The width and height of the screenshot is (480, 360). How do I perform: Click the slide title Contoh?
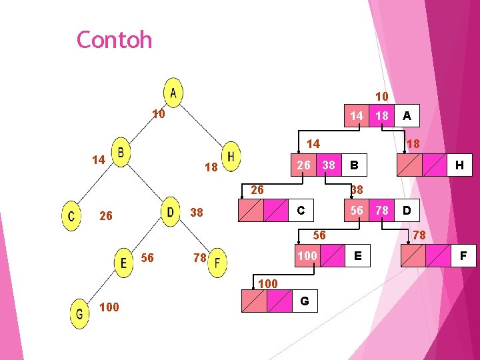(114, 40)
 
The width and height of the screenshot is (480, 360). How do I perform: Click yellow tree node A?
(173, 92)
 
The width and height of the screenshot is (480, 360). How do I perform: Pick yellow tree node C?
(71, 217)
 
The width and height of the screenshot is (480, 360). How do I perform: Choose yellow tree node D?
(171, 212)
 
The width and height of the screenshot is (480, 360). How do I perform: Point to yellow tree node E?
(123, 261)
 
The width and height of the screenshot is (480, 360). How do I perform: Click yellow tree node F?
(217, 262)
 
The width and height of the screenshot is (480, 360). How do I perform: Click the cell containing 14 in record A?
(357, 116)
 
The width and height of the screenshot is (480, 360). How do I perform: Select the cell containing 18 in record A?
(381, 116)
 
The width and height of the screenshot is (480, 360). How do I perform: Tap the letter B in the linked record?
(355, 164)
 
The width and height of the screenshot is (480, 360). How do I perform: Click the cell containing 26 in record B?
(303, 164)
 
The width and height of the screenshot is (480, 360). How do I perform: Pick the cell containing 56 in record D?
(357, 211)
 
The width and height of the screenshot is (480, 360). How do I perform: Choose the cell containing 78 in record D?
(381, 211)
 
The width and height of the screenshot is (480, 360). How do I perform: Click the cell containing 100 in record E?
(307, 255)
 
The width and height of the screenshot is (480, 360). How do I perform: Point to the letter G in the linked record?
(304, 301)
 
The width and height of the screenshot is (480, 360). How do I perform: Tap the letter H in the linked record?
(459, 164)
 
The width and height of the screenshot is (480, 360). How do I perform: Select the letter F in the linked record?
(463, 255)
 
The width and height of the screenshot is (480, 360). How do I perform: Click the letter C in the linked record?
(301, 211)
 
